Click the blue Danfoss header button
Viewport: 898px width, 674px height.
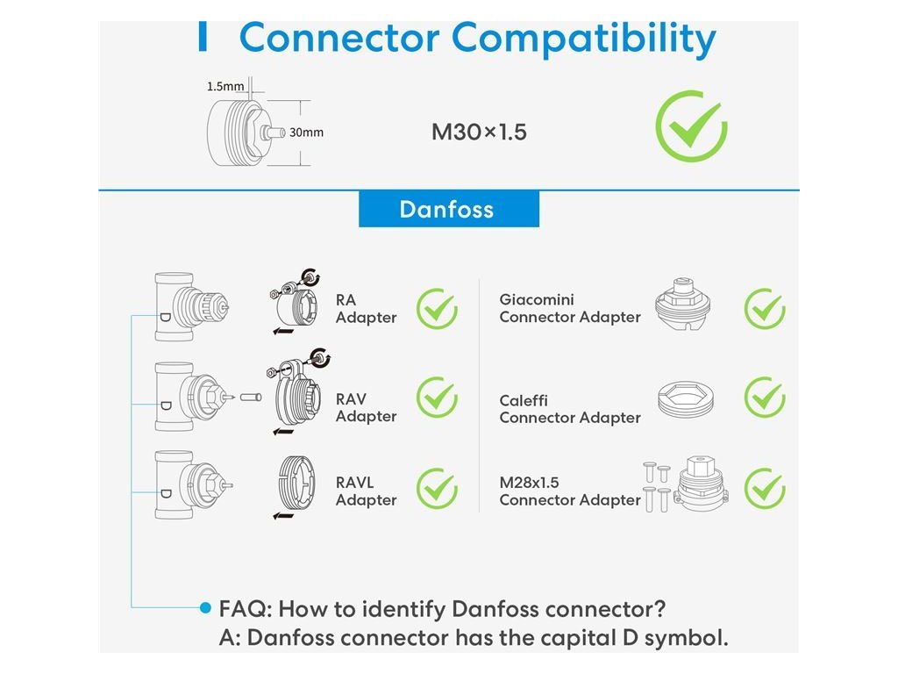448,210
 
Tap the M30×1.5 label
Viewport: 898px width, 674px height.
479,133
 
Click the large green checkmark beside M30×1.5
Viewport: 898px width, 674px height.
691,126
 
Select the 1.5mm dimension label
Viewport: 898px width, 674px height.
225,86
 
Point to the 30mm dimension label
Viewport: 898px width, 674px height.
306,133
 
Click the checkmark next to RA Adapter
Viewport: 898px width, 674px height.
436,309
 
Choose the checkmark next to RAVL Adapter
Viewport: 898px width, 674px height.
436,489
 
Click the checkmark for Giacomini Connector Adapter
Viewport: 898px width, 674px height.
764,309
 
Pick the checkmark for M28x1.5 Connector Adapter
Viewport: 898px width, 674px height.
764,489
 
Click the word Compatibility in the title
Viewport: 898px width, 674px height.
583,39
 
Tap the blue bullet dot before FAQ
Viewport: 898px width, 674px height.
205,607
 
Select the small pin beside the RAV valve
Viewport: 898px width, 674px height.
251,397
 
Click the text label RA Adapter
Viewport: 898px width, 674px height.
366,309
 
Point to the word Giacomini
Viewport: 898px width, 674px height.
537,300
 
